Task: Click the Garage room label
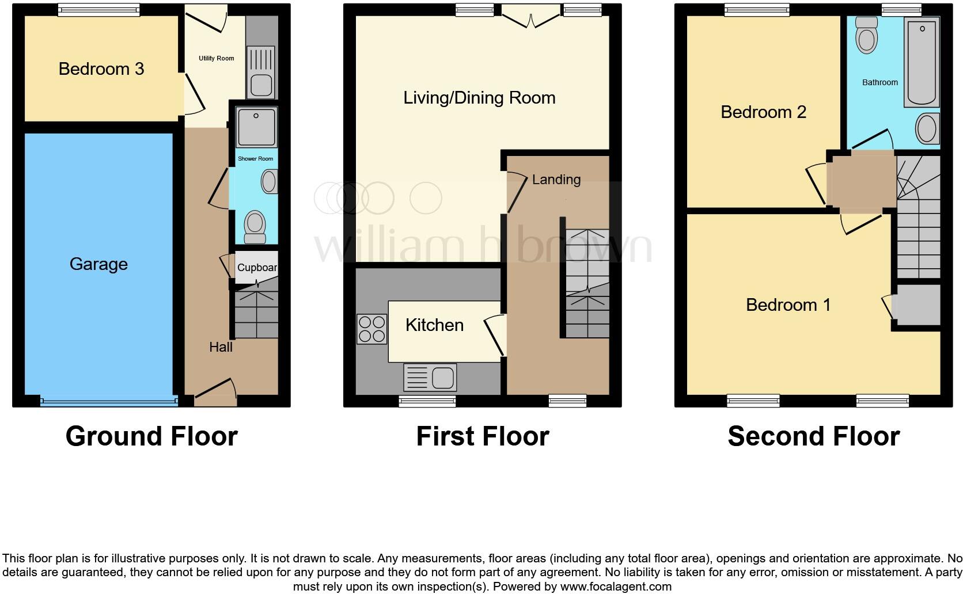(x=98, y=264)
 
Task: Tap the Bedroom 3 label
(x=101, y=68)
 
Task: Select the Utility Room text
(x=216, y=58)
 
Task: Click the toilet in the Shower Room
(x=255, y=227)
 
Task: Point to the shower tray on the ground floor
(x=256, y=127)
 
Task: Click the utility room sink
(x=261, y=72)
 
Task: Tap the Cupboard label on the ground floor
(x=257, y=268)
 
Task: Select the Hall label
(x=221, y=347)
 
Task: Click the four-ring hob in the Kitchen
(x=372, y=329)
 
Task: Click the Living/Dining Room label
(x=479, y=98)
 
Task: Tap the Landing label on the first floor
(x=556, y=180)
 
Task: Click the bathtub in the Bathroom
(x=922, y=62)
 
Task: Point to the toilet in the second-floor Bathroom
(x=867, y=35)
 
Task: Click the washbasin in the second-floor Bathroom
(x=928, y=128)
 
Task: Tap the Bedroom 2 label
(x=764, y=112)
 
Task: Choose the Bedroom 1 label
(x=788, y=305)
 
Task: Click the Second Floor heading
(x=814, y=436)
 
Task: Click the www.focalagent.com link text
(x=616, y=587)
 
